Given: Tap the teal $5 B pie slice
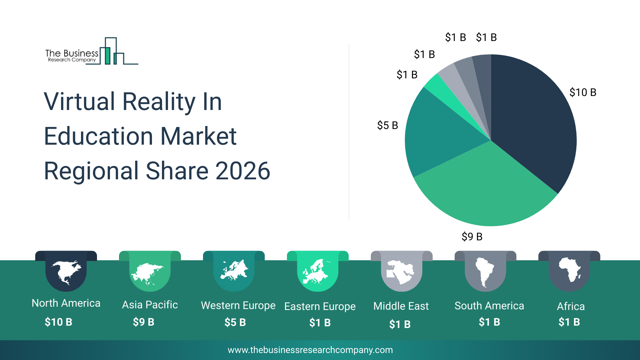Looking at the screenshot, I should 440,137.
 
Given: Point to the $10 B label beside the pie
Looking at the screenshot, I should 583,92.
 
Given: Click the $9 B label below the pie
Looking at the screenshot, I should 472,237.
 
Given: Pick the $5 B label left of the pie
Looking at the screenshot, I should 387,125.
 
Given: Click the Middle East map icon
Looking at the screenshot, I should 401,272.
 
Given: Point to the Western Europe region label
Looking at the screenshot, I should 238,305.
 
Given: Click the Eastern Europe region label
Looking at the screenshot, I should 320,306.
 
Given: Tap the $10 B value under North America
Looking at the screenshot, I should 58,322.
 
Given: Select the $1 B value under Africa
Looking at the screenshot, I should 569,322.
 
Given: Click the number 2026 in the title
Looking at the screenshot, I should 242,171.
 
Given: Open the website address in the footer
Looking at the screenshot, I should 310,350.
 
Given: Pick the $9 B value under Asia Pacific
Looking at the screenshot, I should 143,322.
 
